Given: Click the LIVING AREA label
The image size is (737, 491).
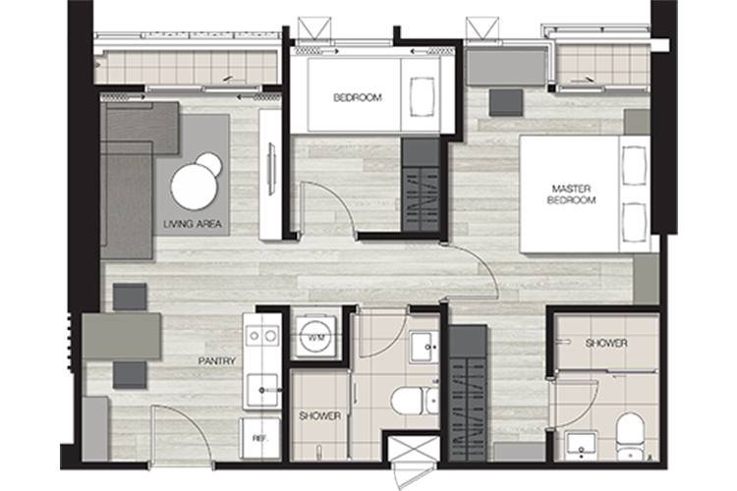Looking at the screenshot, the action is click(x=193, y=224).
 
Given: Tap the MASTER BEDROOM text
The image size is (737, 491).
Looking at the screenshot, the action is click(x=571, y=194).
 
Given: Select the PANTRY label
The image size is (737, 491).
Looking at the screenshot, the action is click(x=216, y=361).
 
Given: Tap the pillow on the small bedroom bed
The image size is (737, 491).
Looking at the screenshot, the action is click(x=422, y=97).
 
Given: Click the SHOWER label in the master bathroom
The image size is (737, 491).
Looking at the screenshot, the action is click(x=606, y=344).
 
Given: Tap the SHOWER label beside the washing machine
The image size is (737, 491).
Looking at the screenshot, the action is click(x=320, y=415).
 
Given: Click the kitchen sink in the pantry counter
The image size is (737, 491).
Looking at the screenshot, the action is click(x=262, y=390).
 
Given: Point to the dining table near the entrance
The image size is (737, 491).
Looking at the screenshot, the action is click(x=122, y=337).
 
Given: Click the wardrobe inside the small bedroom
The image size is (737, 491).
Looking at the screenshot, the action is click(x=421, y=185).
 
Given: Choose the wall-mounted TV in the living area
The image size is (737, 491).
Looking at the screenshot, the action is click(x=271, y=168).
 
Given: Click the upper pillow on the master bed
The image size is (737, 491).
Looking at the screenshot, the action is click(x=634, y=166).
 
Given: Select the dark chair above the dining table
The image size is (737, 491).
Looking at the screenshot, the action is click(x=130, y=297).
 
